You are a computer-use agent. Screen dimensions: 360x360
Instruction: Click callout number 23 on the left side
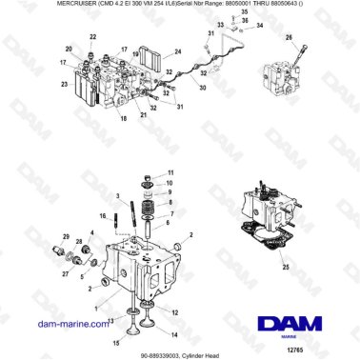tap(64, 84)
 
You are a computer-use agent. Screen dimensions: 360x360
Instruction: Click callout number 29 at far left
tap(66, 235)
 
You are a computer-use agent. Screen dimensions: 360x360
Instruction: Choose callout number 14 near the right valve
tap(174, 335)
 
